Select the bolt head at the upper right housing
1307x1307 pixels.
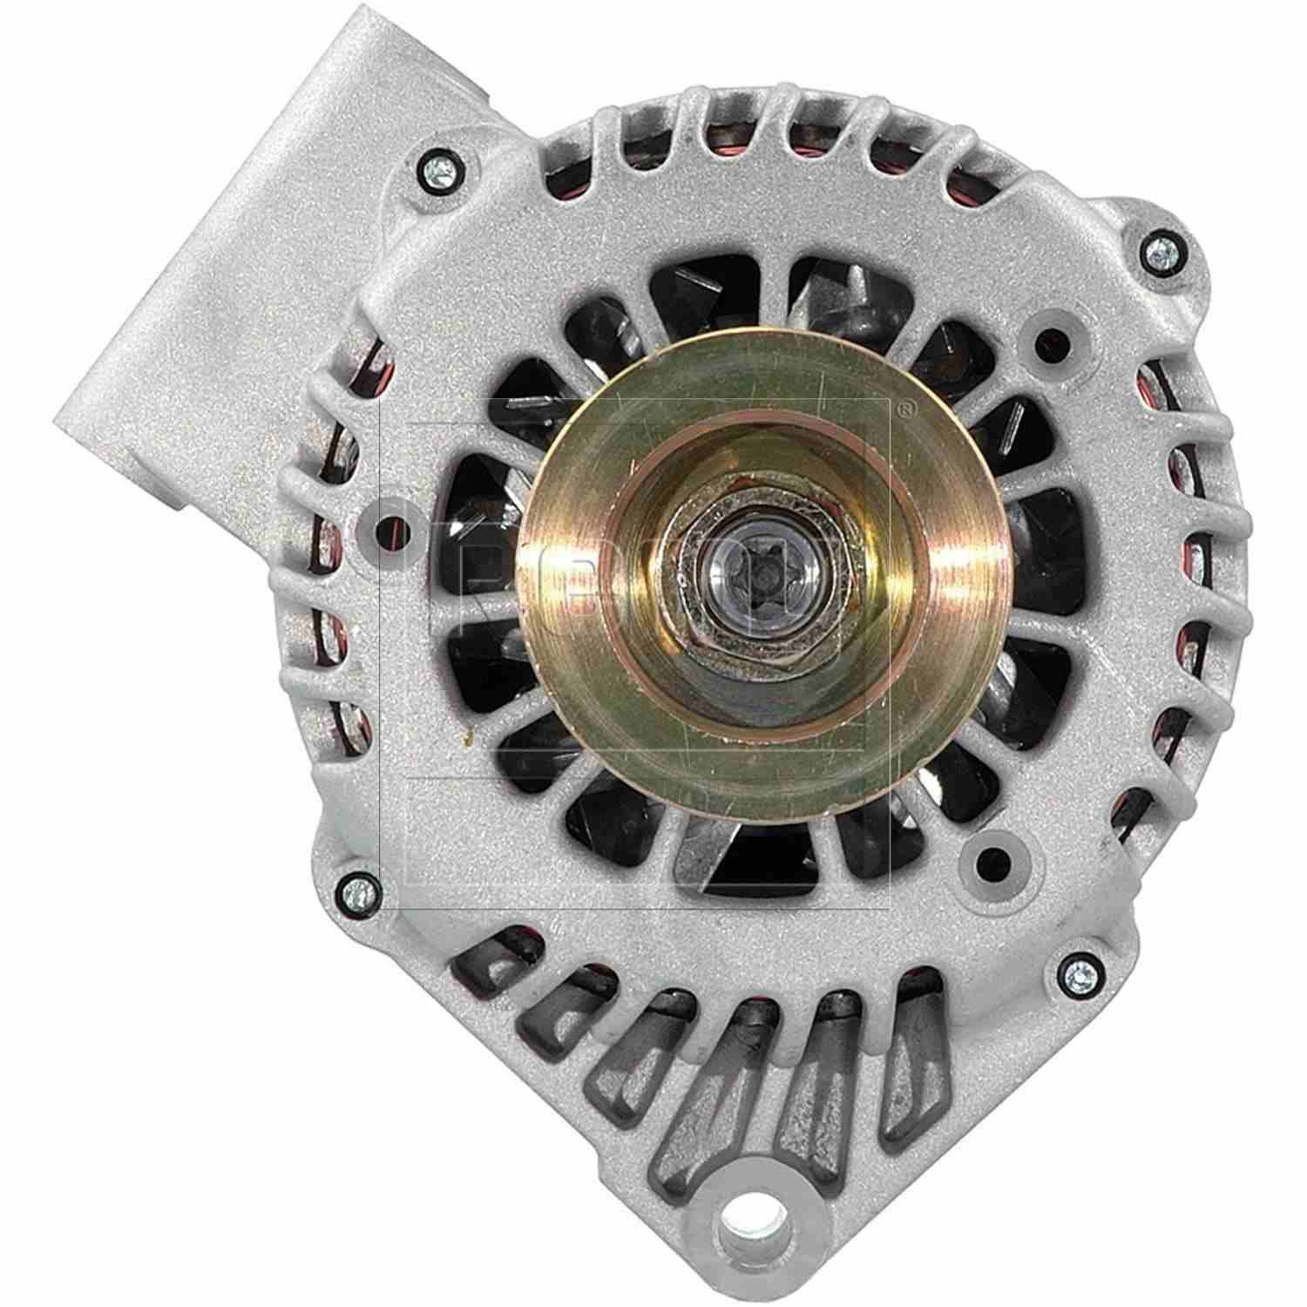coord(1160,253)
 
